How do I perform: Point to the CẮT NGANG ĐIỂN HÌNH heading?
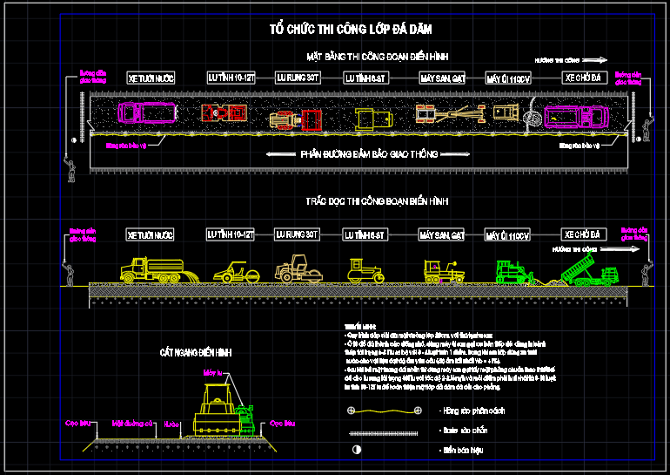tap(196, 352)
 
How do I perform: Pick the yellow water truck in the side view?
tap(151, 269)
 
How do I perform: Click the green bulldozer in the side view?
tap(514, 272)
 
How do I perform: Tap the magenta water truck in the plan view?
tap(147, 112)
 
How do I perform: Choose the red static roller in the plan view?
tap(224, 112)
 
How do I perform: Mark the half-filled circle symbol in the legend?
tap(355, 450)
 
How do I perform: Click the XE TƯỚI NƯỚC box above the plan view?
tap(151, 78)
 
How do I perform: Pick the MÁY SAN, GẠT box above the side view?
tap(443, 235)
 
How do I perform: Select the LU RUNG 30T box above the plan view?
tap(298, 78)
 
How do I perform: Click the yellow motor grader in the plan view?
tap(448, 113)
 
